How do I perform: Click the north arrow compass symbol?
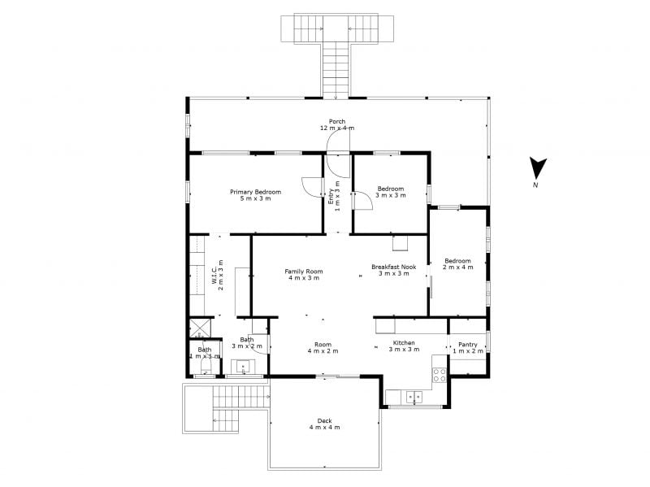pos(538,168)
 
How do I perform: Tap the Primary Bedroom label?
pos(255,195)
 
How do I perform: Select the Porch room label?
pos(337,124)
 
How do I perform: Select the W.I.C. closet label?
pos(218,275)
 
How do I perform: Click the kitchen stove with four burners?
pos(440,375)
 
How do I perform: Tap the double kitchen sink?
pos(414,397)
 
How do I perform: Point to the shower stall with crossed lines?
pos(200,328)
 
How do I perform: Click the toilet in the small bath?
pos(206,366)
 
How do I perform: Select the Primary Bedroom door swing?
pos(312,189)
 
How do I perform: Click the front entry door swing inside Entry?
pos(338,166)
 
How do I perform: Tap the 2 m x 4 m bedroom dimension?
pos(457,267)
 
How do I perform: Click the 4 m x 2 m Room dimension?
pos(323,351)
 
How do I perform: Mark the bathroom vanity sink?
pos(243,367)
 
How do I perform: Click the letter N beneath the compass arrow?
pos(535,185)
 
